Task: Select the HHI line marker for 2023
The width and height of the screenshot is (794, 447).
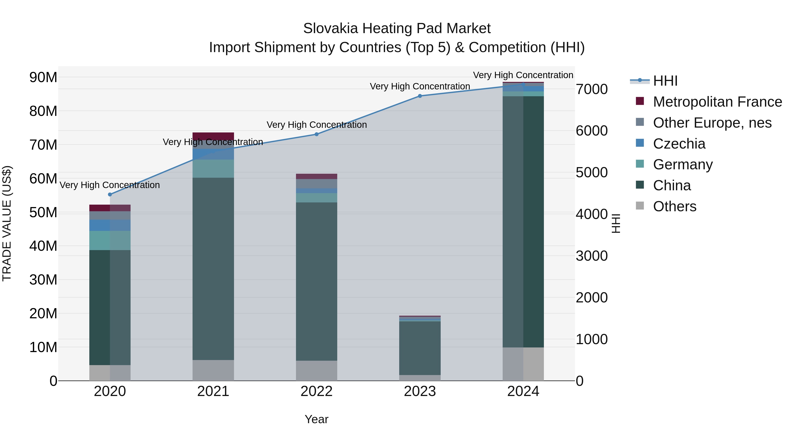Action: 420,96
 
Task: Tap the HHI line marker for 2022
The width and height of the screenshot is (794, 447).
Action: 316,134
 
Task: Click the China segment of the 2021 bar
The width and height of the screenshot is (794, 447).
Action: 213,268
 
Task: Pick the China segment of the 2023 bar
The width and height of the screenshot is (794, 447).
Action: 420,348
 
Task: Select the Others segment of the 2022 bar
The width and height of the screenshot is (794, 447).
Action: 316,370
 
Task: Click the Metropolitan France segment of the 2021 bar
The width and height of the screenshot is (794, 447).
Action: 213,136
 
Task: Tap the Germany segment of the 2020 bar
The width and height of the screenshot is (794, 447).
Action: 110,240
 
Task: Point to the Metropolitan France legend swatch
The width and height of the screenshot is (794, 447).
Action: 640,101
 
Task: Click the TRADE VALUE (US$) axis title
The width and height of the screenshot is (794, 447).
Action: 7,223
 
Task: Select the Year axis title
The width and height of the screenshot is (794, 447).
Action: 316,419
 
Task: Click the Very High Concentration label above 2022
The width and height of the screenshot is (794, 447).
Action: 316,125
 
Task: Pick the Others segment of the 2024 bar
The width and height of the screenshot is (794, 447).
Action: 523,364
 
